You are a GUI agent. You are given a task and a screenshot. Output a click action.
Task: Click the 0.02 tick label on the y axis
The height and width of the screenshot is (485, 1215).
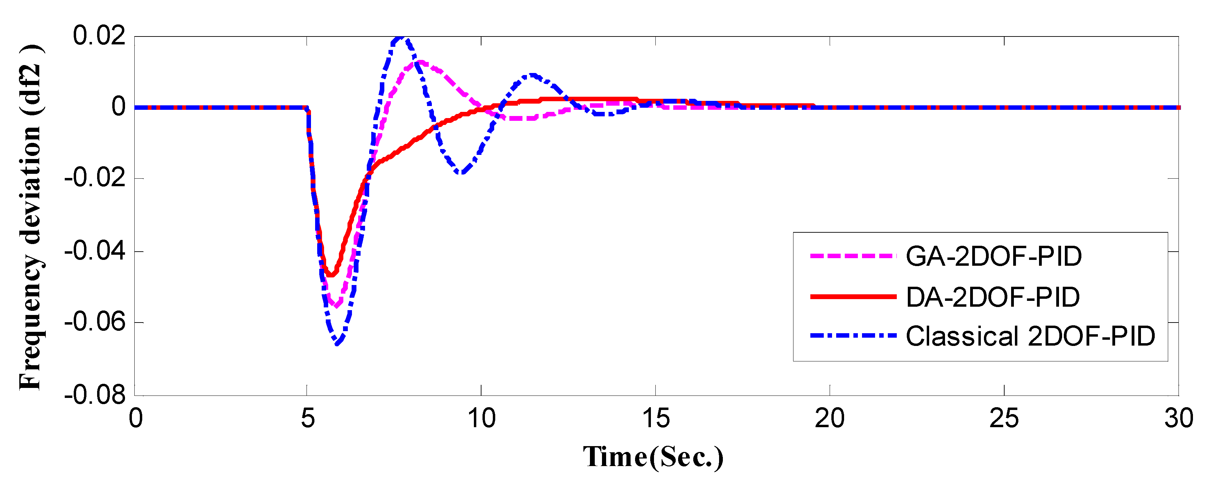click(x=99, y=36)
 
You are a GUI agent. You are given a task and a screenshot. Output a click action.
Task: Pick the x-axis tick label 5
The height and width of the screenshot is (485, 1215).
click(x=308, y=419)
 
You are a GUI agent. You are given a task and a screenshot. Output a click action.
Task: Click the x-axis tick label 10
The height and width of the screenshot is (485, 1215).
click(x=481, y=419)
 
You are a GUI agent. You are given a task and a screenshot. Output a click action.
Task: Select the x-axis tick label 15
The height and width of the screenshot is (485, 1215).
click(x=656, y=419)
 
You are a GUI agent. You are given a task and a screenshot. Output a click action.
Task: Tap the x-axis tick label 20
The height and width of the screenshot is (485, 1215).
click(x=830, y=419)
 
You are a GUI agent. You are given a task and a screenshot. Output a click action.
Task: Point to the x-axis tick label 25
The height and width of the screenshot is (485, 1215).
click(x=1004, y=419)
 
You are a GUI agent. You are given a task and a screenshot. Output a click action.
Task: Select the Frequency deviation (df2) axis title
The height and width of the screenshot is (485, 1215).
click(x=30, y=217)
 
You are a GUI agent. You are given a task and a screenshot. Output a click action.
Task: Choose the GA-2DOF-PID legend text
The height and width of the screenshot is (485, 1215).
click(x=993, y=256)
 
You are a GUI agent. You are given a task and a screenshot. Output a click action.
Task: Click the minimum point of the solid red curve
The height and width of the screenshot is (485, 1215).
click(x=331, y=275)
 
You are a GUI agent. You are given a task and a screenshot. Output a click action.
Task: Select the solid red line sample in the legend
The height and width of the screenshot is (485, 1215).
click(x=853, y=296)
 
